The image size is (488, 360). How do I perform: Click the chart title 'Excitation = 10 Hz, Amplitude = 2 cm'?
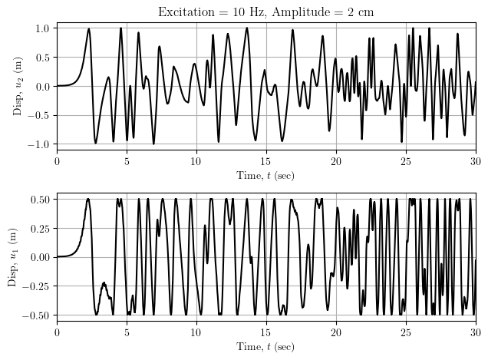point(265,12)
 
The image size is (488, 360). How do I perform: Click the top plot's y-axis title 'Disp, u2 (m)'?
point(18,86)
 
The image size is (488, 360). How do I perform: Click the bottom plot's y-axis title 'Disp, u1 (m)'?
point(12,256)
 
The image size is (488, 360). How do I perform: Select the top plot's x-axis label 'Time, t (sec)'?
point(265,176)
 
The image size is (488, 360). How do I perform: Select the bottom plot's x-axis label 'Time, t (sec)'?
point(265,347)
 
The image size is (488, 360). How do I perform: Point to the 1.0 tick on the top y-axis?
point(42,28)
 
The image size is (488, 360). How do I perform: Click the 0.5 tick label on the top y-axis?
point(42,57)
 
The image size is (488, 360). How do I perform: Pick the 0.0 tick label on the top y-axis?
point(42,86)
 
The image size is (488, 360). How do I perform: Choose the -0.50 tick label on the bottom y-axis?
point(36,315)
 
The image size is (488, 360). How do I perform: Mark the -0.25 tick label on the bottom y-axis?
point(36,286)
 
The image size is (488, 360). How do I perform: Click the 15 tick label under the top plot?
point(266,160)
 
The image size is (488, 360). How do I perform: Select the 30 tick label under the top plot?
point(476,160)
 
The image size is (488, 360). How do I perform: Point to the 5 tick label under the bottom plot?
point(127,332)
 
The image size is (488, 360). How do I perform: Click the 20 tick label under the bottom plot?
point(336,332)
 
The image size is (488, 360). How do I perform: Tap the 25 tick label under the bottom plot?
point(406,332)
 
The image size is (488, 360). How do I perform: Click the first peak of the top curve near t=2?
point(89,29)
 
